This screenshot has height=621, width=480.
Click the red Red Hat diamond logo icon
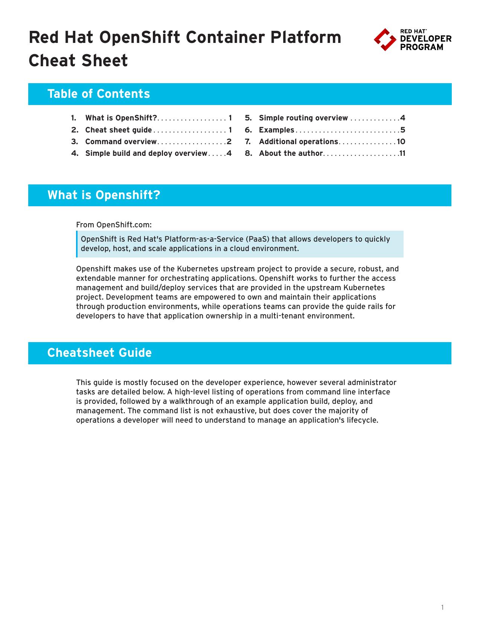pyautogui.click(x=385, y=40)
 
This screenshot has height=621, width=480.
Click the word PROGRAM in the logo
pyautogui.click(x=421, y=47)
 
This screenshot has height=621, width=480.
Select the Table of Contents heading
pyautogui.click(x=99, y=94)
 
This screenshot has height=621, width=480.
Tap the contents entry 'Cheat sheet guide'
pyautogui.click(x=119, y=130)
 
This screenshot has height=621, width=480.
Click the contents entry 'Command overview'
pyautogui.click(x=121, y=142)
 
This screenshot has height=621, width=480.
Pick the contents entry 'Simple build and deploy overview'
pyautogui.click(x=146, y=153)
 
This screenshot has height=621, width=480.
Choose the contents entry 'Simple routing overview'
pyautogui.click(x=303, y=118)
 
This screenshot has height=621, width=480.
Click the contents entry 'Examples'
pyautogui.click(x=276, y=130)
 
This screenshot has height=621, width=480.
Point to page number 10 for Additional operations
pyautogui.click(x=401, y=142)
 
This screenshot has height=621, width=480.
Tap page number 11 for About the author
pyautogui.click(x=402, y=153)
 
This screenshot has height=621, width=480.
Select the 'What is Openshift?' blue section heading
pyautogui.click(x=104, y=195)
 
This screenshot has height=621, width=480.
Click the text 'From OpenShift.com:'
pyautogui.click(x=114, y=225)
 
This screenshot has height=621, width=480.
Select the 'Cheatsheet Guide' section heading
pyautogui.click(x=99, y=353)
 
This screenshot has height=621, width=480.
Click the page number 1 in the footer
pyautogui.click(x=443, y=607)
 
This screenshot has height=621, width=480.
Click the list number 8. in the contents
pyautogui.click(x=248, y=153)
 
